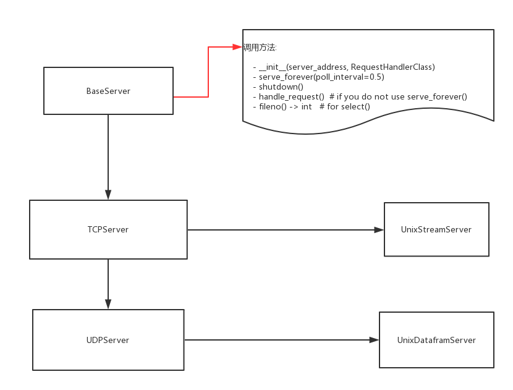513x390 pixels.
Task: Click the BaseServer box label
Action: (108, 91)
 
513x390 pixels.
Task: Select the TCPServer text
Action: (108, 229)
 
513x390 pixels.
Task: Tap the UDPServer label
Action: (108, 340)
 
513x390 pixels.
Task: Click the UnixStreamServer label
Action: (436, 229)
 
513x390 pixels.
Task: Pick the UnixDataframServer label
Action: (436, 340)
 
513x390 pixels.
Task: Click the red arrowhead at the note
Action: (237, 47)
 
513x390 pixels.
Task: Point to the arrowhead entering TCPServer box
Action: (108, 195)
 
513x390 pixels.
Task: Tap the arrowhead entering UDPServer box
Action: (108, 304)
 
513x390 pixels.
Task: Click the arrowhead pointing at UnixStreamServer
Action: (379, 230)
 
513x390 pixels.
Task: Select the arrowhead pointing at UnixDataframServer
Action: (374, 340)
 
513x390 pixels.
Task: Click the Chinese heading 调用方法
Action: (260, 48)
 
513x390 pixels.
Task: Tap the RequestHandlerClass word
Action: (392, 67)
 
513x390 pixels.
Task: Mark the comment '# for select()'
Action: (344, 106)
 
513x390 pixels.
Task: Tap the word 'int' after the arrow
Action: (307, 106)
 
